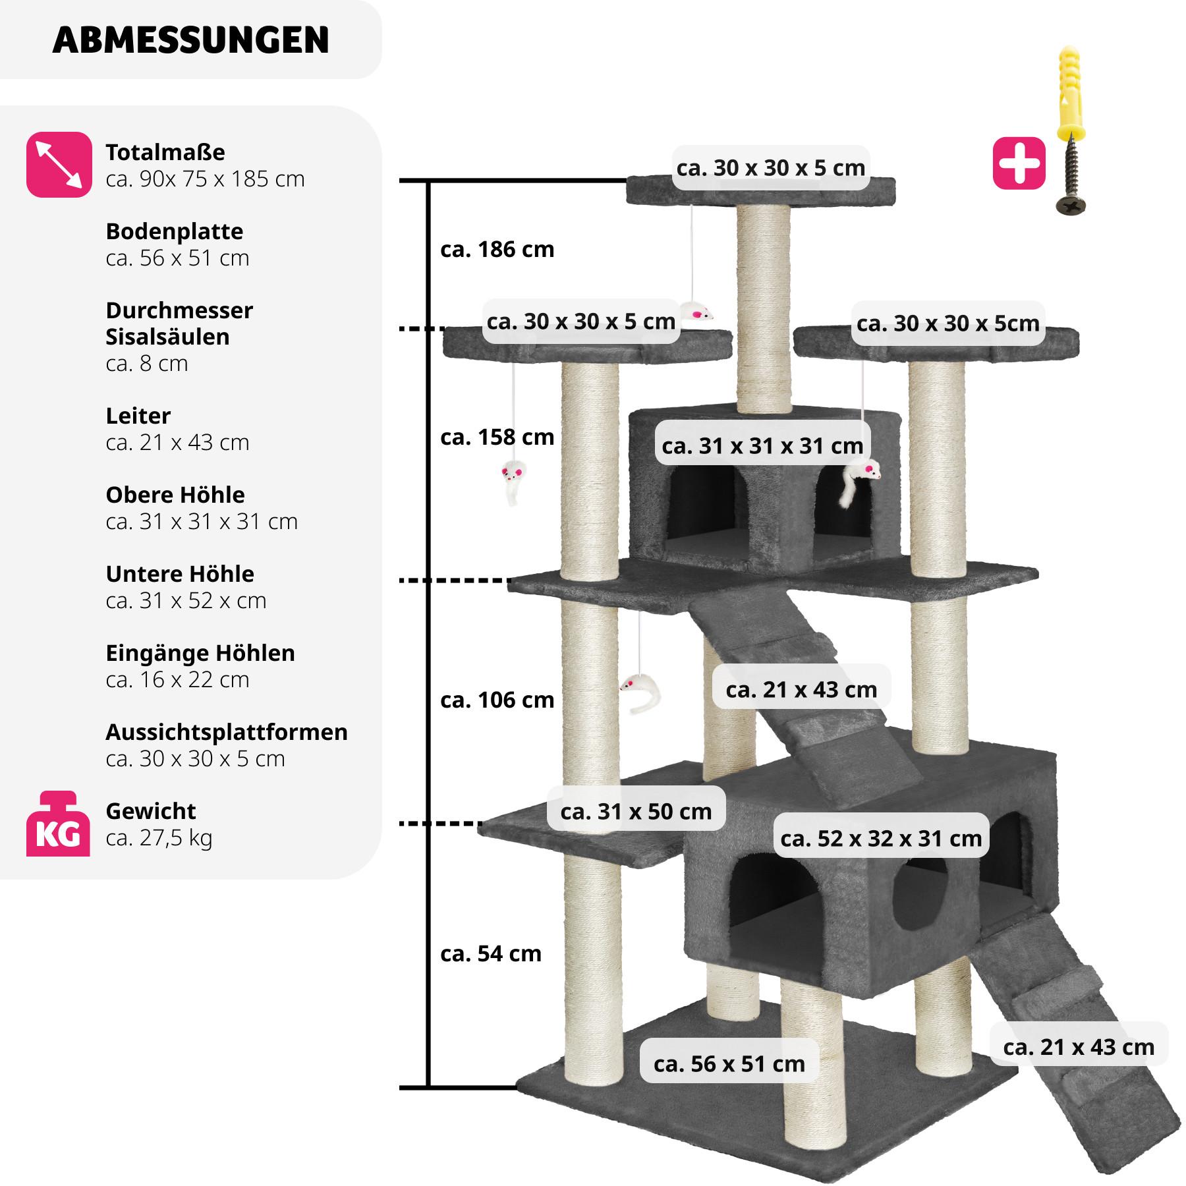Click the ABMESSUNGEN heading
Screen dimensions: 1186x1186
[190, 40]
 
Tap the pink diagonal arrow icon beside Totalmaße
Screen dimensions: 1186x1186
[59, 165]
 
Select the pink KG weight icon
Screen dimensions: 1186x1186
[58, 825]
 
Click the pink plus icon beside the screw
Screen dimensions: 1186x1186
[1019, 163]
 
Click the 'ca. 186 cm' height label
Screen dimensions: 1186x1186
[497, 250]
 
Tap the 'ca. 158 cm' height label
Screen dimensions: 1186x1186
[497, 438]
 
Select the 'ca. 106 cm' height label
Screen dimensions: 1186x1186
[497, 700]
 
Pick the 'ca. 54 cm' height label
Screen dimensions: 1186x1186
[490, 953]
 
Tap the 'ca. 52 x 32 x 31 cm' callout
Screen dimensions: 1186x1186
[881, 839]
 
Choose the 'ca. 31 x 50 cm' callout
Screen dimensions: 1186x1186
[636, 812]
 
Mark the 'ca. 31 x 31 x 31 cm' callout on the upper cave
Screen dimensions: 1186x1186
[762, 446]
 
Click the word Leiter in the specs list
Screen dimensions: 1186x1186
[138, 416]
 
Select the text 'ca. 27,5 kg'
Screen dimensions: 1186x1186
[159, 838]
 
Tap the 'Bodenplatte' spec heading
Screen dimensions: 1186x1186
[174, 231]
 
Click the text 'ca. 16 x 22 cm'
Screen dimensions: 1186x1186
[177, 680]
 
